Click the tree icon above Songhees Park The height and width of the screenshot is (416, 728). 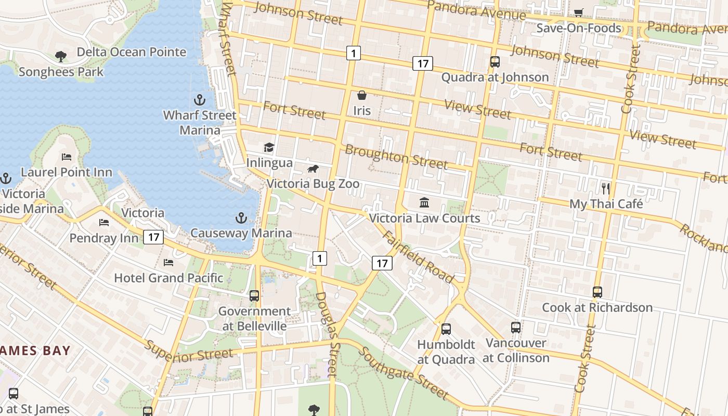click(x=61, y=56)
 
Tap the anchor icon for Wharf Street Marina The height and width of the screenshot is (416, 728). click(x=200, y=99)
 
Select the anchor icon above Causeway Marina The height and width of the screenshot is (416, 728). click(x=241, y=217)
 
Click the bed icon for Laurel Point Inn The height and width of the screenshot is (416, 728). click(x=67, y=157)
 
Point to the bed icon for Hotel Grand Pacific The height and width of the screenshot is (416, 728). click(x=168, y=262)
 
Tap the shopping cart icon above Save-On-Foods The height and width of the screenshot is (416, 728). click(x=578, y=12)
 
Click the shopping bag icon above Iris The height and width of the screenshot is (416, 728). click(x=362, y=95)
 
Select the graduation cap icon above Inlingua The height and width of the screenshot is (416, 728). click(x=269, y=148)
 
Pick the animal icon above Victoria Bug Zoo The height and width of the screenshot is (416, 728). click(x=313, y=168)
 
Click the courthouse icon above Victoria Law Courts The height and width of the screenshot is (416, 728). click(x=424, y=202)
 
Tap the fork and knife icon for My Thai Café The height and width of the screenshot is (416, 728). click(x=606, y=188)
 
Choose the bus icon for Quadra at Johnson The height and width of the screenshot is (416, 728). click(x=495, y=62)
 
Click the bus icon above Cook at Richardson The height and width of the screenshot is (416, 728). click(x=597, y=292)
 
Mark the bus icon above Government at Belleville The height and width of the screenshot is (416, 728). click(x=254, y=295)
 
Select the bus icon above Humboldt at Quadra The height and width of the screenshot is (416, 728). click(x=446, y=329)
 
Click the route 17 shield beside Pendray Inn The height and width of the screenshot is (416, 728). click(x=153, y=237)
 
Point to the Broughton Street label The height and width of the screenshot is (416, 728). click(x=396, y=157)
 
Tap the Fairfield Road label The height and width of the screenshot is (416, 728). click(x=419, y=257)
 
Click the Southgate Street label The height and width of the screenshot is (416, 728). click(x=403, y=373)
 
